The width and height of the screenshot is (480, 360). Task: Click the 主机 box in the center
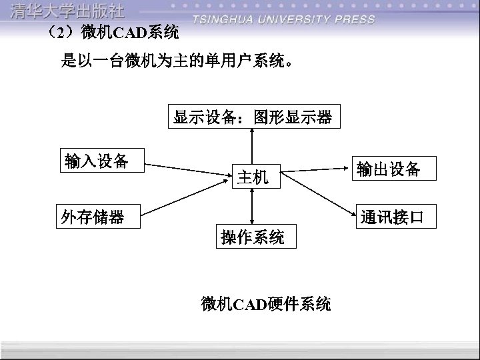(x=253, y=177)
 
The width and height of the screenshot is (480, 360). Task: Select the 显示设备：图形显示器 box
(x=253, y=117)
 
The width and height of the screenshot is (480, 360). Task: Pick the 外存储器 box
(x=99, y=217)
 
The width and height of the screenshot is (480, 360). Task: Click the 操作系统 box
(x=253, y=237)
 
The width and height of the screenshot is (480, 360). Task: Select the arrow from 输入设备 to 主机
(x=188, y=169)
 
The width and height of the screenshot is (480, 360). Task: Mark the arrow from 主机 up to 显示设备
(x=252, y=145)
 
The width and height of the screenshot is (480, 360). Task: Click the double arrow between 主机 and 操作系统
(x=252, y=207)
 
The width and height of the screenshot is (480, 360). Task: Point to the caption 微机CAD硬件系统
(x=266, y=305)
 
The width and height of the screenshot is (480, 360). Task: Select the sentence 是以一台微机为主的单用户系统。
(x=177, y=63)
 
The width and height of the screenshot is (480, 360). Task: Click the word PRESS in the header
(x=354, y=20)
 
